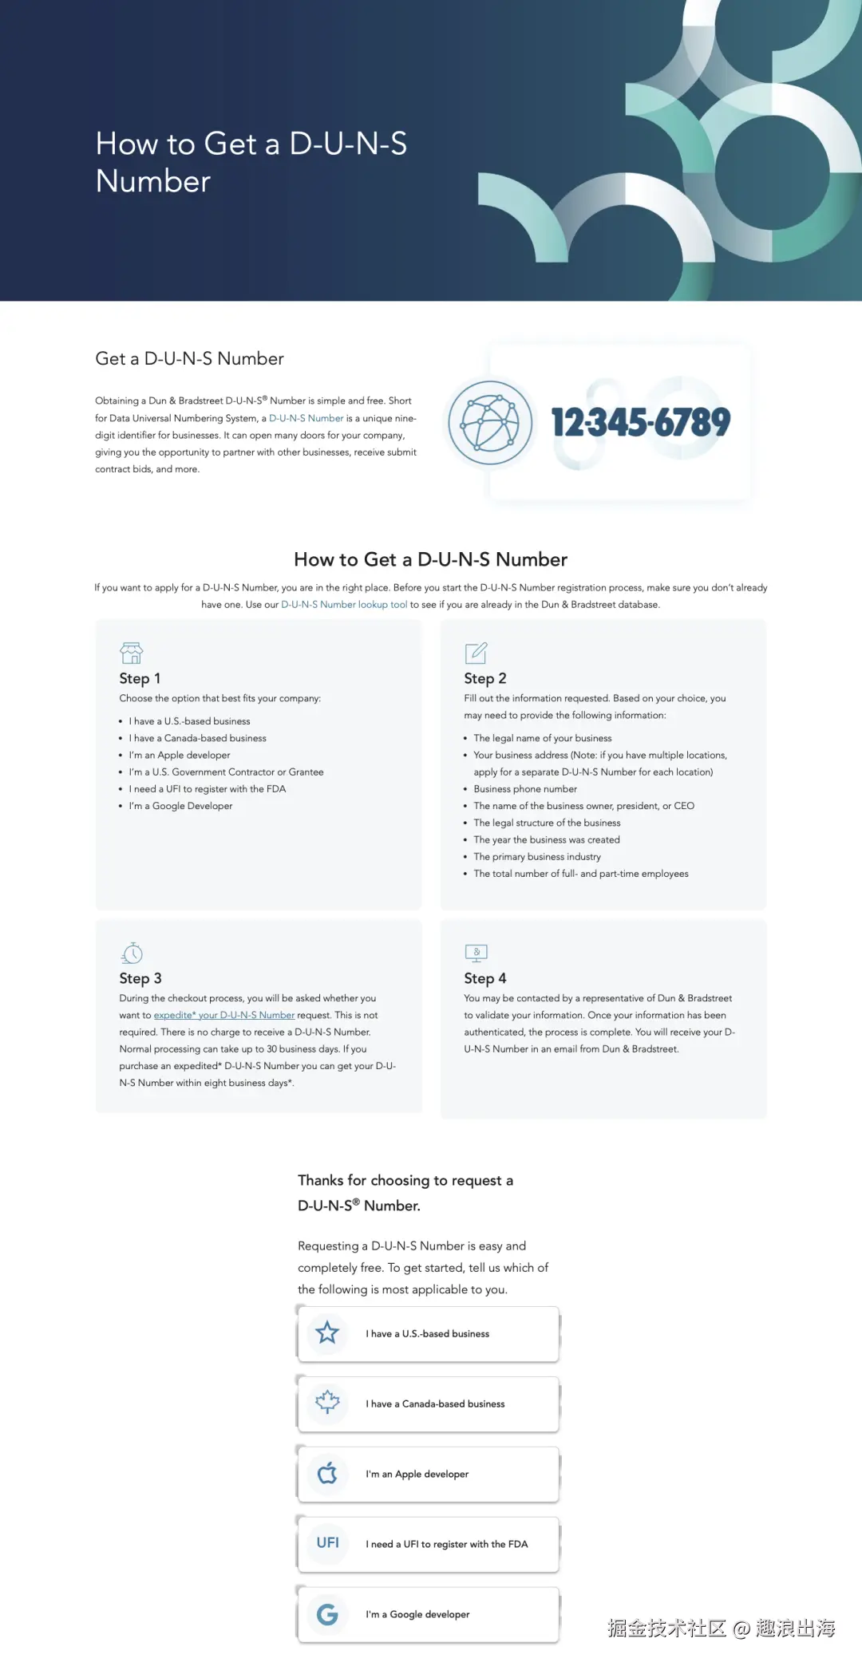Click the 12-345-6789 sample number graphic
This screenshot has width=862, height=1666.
click(x=640, y=422)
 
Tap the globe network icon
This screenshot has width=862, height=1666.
click(x=490, y=422)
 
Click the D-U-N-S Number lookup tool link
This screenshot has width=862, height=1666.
click(x=344, y=605)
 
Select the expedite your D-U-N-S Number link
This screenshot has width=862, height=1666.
click(x=224, y=1016)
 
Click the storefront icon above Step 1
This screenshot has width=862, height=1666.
click(x=132, y=653)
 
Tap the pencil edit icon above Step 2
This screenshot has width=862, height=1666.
click(x=476, y=653)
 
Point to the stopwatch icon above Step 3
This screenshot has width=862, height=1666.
click(x=132, y=953)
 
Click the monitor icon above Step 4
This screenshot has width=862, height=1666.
click(x=476, y=953)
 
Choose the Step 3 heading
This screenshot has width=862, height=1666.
click(x=140, y=978)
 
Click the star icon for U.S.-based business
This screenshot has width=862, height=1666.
click(x=327, y=1332)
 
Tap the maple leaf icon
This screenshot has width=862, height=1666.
click(x=327, y=1403)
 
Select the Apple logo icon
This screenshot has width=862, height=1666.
click(x=327, y=1473)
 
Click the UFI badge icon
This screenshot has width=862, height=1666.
click(x=327, y=1543)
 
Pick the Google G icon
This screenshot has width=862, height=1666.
click(x=327, y=1614)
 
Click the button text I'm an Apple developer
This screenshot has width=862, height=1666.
click(x=417, y=1475)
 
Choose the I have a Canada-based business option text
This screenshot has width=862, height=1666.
click(x=435, y=1404)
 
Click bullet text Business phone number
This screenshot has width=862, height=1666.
click(x=525, y=789)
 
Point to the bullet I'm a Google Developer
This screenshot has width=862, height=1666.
click(x=180, y=806)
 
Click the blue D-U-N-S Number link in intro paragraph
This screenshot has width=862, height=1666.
click(x=306, y=418)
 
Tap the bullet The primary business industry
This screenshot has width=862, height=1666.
click(x=537, y=857)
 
